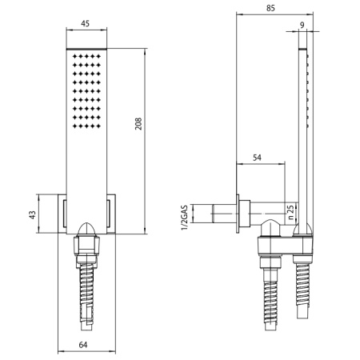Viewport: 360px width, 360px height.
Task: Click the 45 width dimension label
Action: (85, 23)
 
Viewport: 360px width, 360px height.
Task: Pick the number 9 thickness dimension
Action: (301, 26)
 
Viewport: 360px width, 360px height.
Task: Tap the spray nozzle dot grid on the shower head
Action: (86, 90)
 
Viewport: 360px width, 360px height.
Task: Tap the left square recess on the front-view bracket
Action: (63, 214)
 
